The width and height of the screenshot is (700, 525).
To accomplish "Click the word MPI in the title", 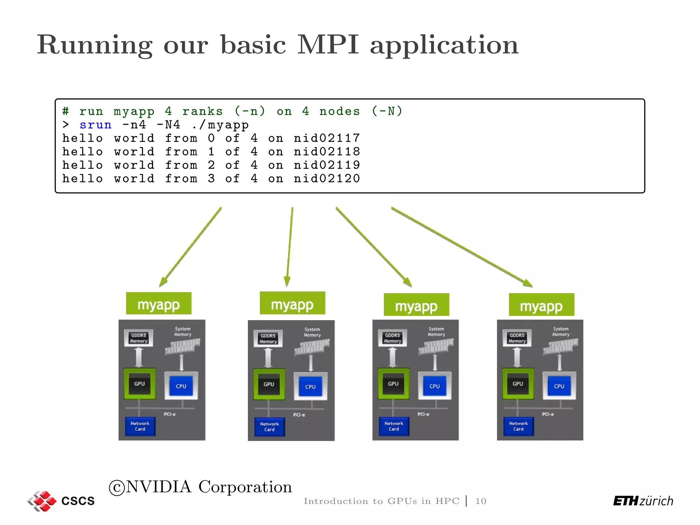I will (x=328, y=45).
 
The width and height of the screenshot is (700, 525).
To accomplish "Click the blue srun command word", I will (x=95, y=125).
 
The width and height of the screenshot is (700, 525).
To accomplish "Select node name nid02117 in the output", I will (x=327, y=138).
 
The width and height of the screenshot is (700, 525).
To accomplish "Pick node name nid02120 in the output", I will (x=327, y=178).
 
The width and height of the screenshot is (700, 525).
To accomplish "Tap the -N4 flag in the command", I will (x=168, y=125).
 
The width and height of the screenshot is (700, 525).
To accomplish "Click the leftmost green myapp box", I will (x=159, y=304).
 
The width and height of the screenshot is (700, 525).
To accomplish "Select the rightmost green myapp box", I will (x=541, y=305).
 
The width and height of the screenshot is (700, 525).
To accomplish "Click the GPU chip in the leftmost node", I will (x=139, y=384).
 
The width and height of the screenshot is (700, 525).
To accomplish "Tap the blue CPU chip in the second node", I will (x=310, y=387).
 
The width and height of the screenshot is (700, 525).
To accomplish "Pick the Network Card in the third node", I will (x=394, y=426).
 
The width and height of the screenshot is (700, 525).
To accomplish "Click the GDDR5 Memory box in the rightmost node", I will (x=517, y=338).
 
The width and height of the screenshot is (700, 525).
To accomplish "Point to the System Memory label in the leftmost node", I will (x=183, y=332).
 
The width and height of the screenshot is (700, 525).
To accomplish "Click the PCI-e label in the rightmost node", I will (x=548, y=414).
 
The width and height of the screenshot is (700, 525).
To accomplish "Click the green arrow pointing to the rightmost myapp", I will (x=461, y=247).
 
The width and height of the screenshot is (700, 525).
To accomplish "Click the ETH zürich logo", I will (x=643, y=501).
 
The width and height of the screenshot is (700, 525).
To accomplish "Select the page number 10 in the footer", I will (x=481, y=501).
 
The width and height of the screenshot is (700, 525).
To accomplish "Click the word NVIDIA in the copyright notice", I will (x=159, y=487).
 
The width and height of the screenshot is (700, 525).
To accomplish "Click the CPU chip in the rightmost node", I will (x=559, y=386).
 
